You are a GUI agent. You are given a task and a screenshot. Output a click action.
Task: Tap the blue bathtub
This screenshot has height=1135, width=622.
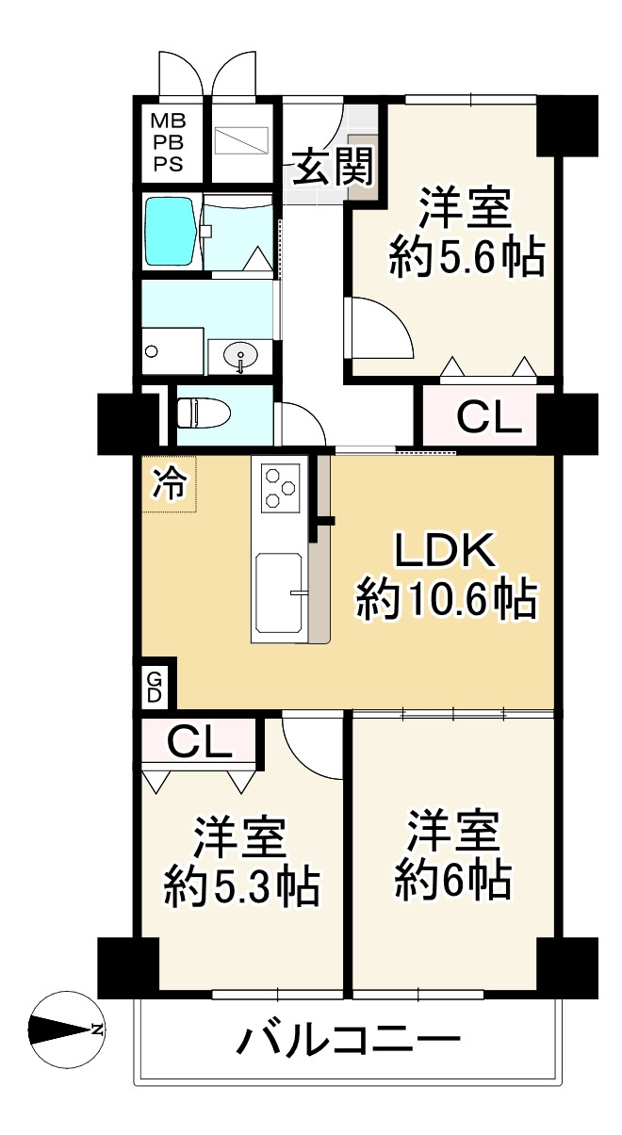170,232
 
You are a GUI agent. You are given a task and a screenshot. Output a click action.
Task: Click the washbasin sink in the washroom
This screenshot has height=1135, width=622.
241,356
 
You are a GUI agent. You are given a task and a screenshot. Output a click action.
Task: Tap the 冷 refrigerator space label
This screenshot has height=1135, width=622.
171,485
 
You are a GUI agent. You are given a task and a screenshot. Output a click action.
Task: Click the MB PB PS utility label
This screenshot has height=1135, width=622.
170,141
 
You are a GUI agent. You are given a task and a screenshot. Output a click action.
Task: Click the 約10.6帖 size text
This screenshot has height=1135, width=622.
446,600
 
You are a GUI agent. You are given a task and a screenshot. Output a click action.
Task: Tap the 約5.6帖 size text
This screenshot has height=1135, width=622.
466,256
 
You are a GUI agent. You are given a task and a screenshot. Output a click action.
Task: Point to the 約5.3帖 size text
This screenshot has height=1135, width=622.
241,885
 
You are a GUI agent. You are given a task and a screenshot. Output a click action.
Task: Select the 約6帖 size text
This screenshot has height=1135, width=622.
452,881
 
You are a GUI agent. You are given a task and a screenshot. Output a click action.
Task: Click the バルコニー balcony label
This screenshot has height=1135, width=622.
349,1041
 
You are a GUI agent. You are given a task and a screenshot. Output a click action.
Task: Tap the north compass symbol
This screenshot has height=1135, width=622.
66,1030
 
